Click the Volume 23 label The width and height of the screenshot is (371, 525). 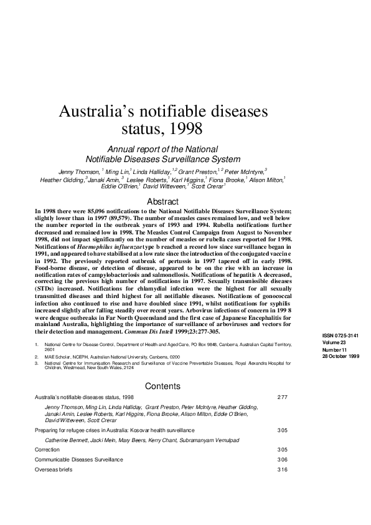coord(333,342)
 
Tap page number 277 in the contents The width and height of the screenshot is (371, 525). coord(282,397)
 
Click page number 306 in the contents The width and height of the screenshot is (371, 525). coord(282,459)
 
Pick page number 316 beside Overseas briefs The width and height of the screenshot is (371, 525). coord(282,469)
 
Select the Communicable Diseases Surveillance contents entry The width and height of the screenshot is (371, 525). coord(78,459)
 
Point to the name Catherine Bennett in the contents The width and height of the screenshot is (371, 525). coord(66,440)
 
